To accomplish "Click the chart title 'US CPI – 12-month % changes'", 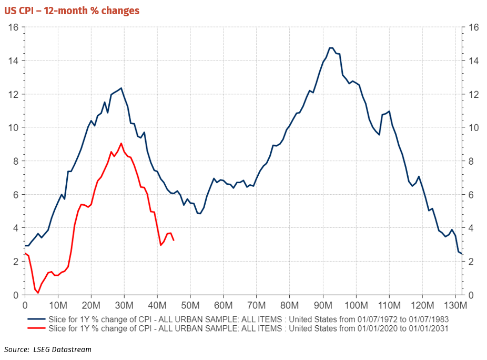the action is pos(72,11).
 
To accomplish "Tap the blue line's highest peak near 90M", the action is pos(331,48).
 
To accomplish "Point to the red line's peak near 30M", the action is pos(121,143).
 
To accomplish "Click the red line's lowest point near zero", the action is pos(38,293).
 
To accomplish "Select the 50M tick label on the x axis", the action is pos(190,305).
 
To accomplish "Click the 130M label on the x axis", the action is pos(455,305).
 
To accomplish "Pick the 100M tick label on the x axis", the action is pos(356,305).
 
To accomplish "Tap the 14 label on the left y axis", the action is pos(13,61).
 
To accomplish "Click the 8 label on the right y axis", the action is pos(471,161).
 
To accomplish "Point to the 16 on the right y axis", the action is pos(473,27).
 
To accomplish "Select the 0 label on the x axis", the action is pos(25,305).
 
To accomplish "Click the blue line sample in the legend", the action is pos(36,319).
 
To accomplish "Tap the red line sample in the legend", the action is pos(36,328).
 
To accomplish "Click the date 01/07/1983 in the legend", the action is pos(429,319).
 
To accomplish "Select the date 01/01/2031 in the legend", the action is pos(429,328).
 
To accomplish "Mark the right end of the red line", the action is pos(174,241).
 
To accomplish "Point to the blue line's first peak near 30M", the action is pos(121,88).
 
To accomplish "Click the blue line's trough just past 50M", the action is pos(200,213).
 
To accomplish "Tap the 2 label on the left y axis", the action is pos(16,262).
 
